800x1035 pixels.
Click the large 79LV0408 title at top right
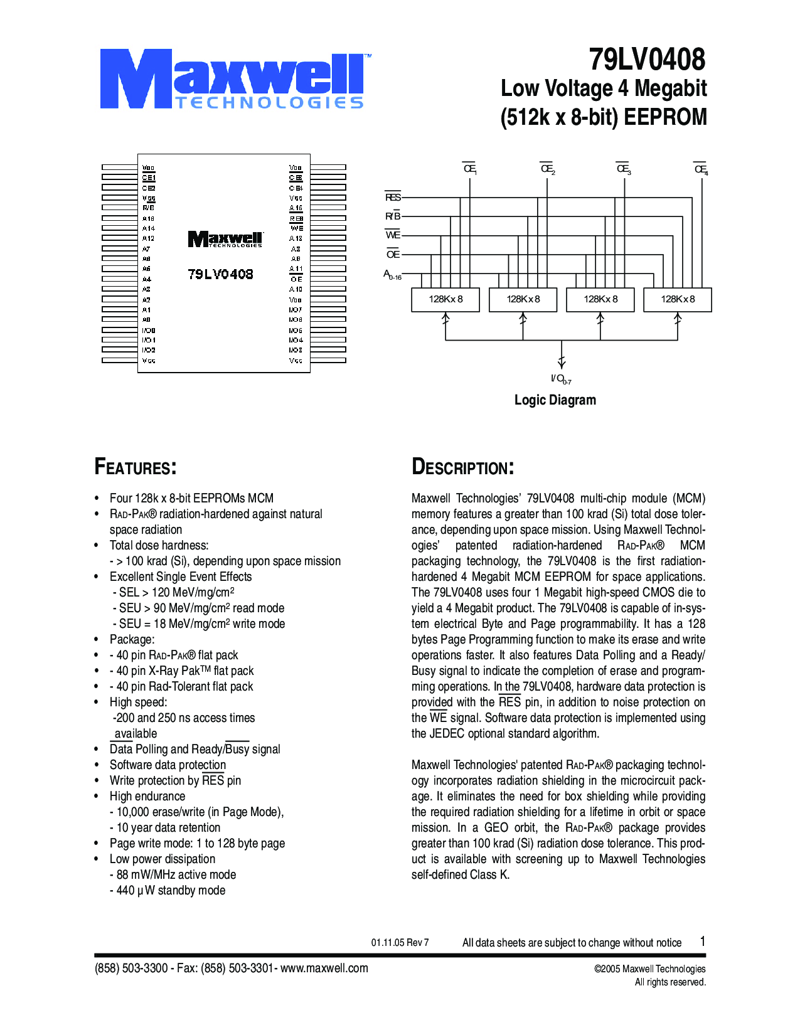(x=647, y=60)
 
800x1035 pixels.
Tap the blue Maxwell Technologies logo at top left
(x=233, y=80)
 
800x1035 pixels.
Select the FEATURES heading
(x=136, y=467)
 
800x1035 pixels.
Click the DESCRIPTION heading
(x=463, y=467)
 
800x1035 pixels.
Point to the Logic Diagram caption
(x=555, y=400)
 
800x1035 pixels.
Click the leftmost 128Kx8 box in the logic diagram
(x=445, y=299)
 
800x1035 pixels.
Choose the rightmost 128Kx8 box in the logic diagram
(x=678, y=299)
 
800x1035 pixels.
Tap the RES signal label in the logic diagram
(x=393, y=198)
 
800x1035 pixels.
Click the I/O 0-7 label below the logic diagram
(x=560, y=379)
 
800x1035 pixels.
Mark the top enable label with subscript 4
(x=701, y=169)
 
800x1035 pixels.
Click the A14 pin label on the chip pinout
(x=148, y=228)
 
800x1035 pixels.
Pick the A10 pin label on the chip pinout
(x=296, y=289)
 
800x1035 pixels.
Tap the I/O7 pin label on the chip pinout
(x=296, y=310)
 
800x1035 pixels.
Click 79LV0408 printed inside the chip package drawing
(x=220, y=274)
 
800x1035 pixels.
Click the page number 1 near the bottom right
(x=703, y=941)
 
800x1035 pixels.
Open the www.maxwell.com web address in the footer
(x=324, y=968)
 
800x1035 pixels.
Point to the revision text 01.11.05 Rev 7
(x=400, y=943)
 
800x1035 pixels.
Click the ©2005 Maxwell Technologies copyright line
(x=649, y=969)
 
